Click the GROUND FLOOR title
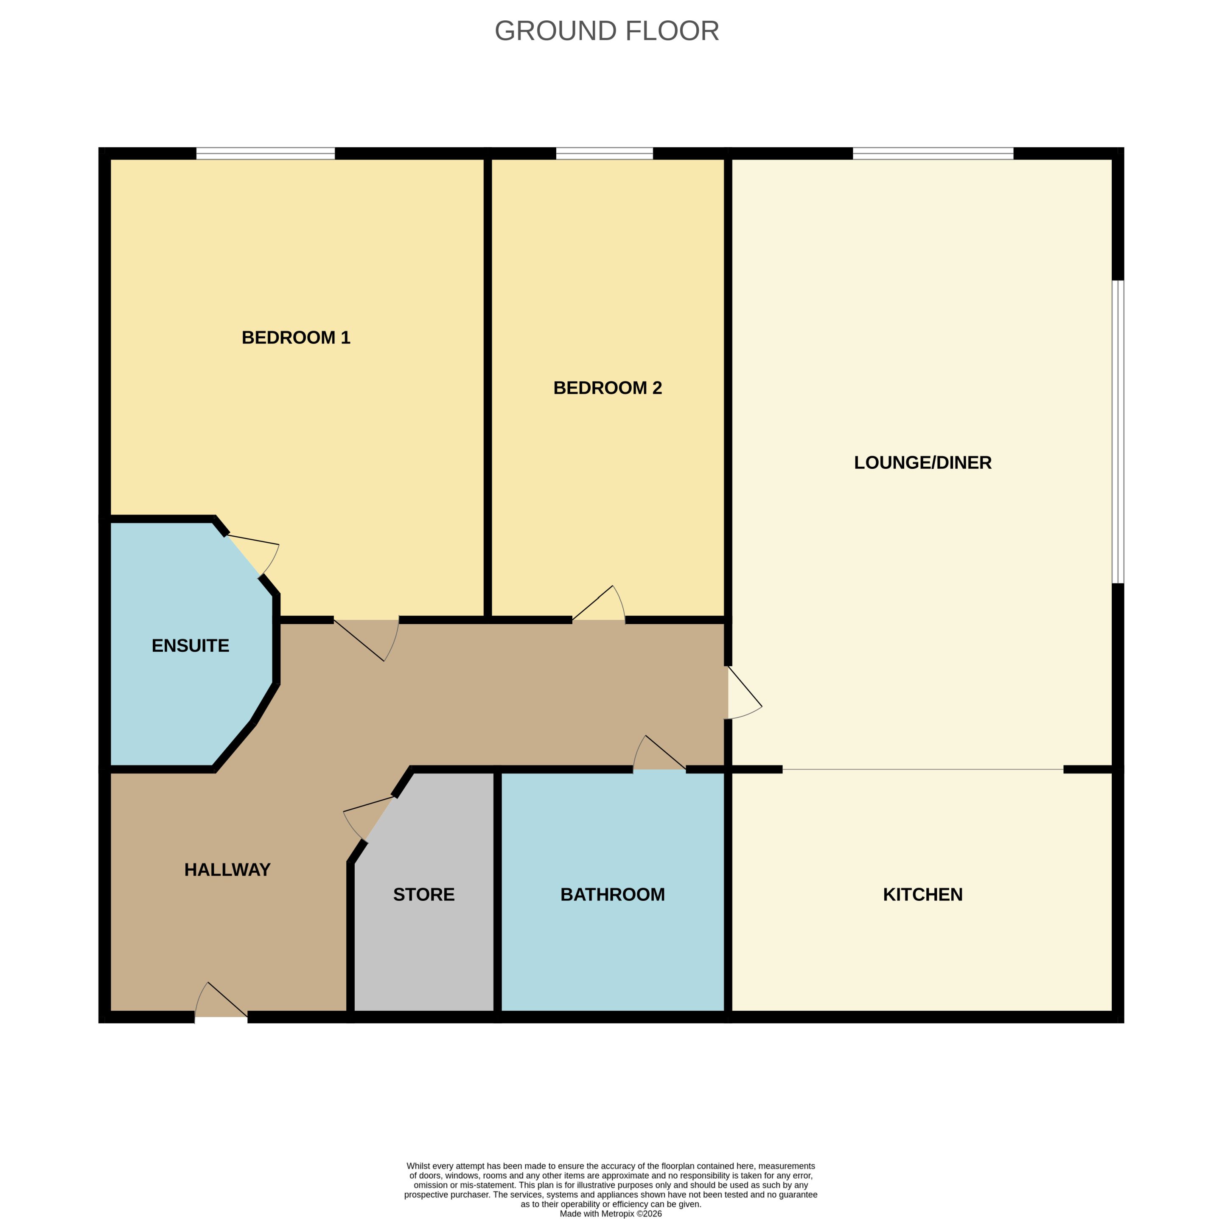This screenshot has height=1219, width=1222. tap(607, 31)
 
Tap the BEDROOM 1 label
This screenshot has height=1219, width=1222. tap(296, 337)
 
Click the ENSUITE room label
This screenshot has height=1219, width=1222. tap(191, 645)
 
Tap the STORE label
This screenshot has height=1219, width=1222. tap(424, 894)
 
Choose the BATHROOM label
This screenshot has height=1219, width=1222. tap(612, 894)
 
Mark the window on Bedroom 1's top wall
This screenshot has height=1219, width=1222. tap(265, 153)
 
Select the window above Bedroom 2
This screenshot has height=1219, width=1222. tap(604, 153)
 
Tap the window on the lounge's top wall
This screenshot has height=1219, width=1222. tap(933, 153)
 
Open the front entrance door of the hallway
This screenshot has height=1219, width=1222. tap(221, 1000)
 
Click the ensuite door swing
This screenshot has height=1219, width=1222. tap(252, 555)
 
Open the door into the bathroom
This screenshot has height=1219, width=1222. tap(659, 753)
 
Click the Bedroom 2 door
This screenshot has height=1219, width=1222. tap(598, 603)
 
